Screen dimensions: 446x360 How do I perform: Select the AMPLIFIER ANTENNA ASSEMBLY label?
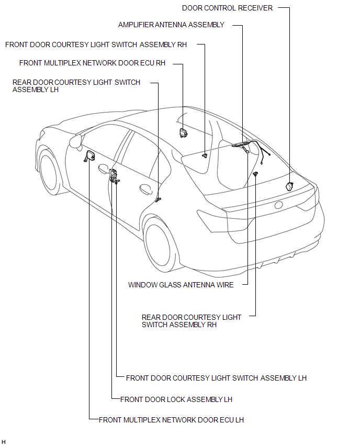pos(171,25)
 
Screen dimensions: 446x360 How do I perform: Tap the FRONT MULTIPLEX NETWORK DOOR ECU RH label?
pos(92,63)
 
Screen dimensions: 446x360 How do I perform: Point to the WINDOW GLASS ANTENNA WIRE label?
pos(181,285)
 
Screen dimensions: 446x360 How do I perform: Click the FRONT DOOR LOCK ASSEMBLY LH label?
pos(176,399)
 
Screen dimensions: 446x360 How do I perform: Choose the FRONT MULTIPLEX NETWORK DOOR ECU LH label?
pos(171,420)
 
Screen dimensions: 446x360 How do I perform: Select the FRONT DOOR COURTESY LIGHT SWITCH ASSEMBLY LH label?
pos(216,378)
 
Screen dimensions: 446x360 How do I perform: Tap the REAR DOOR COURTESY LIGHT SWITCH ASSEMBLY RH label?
pos(192,321)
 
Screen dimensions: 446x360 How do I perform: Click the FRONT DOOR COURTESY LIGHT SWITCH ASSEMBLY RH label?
pos(96,45)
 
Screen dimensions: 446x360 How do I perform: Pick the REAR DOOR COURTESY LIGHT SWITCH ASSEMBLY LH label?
pos(76,86)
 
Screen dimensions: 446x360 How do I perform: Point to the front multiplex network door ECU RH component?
pos(184,132)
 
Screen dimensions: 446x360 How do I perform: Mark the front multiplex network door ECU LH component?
pos(89,155)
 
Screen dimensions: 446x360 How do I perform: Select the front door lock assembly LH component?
pos(113,176)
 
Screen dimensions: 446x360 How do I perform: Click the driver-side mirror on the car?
pos(76,140)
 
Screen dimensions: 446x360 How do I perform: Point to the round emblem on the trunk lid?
pos(279,205)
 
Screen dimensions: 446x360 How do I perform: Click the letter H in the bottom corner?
pos(4,442)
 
